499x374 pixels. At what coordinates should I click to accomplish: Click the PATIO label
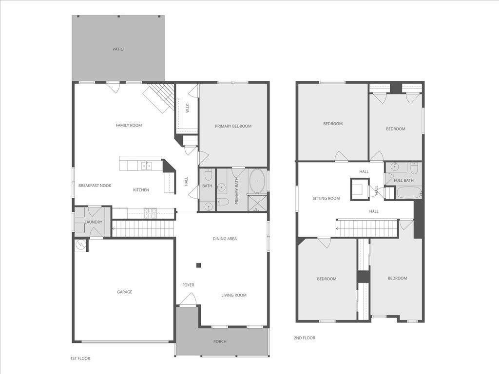[x=118, y=49]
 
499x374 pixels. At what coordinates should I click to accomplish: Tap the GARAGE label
[x=124, y=292]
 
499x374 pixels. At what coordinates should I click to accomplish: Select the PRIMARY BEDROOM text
[x=233, y=126]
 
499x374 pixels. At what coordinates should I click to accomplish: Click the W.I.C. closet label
[x=187, y=108]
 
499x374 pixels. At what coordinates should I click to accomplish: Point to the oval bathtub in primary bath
[x=257, y=181]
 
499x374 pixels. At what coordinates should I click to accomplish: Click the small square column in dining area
[x=199, y=265]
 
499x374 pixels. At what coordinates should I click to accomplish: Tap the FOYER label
[x=188, y=285]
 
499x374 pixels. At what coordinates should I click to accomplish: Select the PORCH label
[x=220, y=342]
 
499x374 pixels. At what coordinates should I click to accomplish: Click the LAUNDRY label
[x=93, y=223]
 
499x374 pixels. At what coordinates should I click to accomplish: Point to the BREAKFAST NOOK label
[x=95, y=186]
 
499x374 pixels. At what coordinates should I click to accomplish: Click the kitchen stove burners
[x=150, y=212]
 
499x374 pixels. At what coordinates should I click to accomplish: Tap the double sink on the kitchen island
[x=146, y=166]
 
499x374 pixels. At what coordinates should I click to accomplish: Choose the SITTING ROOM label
[x=326, y=198]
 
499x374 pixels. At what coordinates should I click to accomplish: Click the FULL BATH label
[x=403, y=181]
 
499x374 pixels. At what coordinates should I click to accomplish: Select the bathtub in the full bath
[x=409, y=192]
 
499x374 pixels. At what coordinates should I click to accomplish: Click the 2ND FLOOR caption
[x=304, y=338]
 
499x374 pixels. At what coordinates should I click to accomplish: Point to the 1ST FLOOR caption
[x=80, y=358]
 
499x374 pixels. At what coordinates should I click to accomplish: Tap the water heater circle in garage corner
[x=80, y=245]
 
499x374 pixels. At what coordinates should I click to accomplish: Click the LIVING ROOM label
[x=233, y=295]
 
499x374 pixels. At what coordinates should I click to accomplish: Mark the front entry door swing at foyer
[x=188, y=299]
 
